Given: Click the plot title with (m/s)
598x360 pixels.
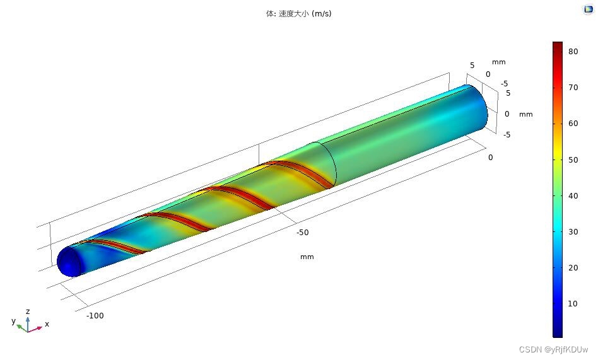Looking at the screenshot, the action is (x=298, y=14).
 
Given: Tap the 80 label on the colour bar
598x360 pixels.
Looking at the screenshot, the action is (x=573, y=52).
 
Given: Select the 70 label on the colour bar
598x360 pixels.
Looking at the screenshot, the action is (x=573, y=88).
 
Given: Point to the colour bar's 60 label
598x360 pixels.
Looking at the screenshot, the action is (x=573, y=124).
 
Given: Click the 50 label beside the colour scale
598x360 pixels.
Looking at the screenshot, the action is (x=573, y=160).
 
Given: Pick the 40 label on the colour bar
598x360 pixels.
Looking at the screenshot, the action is (x=573, y=196).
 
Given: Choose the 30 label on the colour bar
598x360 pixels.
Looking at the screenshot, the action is (x=573, y=232).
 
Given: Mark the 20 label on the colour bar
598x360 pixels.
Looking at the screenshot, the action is (x=573, y=268).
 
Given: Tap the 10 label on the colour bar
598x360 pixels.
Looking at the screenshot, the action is (x=573, y=304).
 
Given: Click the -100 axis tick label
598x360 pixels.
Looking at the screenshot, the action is (x=95, y=316).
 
